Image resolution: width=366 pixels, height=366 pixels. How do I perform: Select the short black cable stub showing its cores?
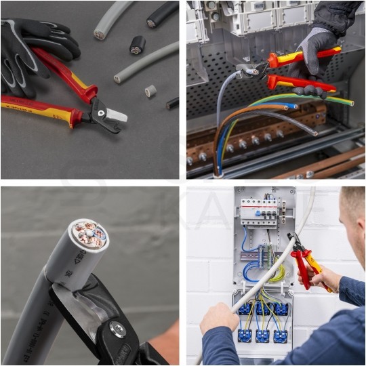pos(138,45)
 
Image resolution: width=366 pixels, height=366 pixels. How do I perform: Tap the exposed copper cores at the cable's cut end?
pos(89,234)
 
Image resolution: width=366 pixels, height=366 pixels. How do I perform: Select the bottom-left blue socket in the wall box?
pos(245,335)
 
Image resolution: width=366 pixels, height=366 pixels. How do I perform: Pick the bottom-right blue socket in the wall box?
pos(279,335)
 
